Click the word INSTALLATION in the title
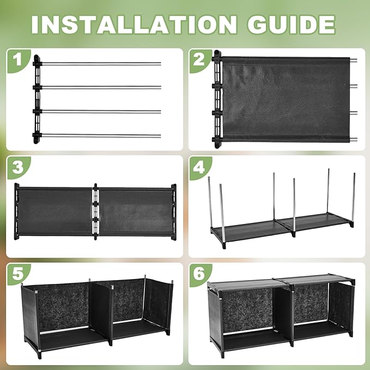tap(134, 25)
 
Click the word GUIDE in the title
tap(291, 25)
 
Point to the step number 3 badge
tap(19, 167)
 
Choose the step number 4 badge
tap(200, 168)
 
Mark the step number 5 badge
tap(19, 274)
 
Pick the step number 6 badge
tap(200, 275)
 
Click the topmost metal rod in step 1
tap(101, 64)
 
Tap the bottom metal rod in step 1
tap(101, 136)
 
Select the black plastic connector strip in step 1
tap(37, 99)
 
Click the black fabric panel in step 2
tap(286, 100)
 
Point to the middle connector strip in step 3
tap(95, 211)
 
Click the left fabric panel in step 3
tap(54, 211)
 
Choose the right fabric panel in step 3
tap(136, 211)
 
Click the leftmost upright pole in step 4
tap(210, 202)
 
